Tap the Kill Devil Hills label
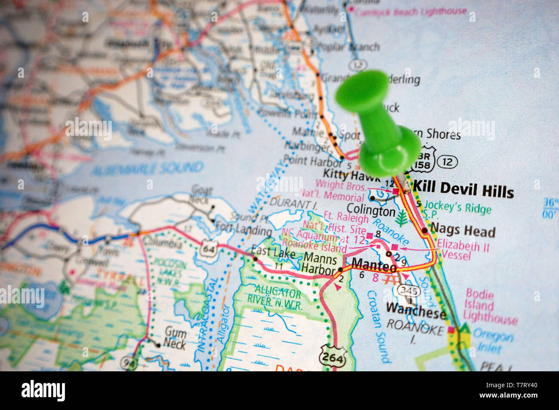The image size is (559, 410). tap(463, 189)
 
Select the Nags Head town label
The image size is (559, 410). tap(463, 232)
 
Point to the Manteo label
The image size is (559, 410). tap(374, 265)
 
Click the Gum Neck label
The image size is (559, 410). tap(175, 338)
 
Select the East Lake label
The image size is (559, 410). tap(273, 252)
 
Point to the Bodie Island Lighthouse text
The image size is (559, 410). tap(490, 307)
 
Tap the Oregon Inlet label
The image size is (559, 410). tap(493, 342)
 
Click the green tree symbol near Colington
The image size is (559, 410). tap(401, 218)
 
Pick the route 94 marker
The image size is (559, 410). tap(130, 364)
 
